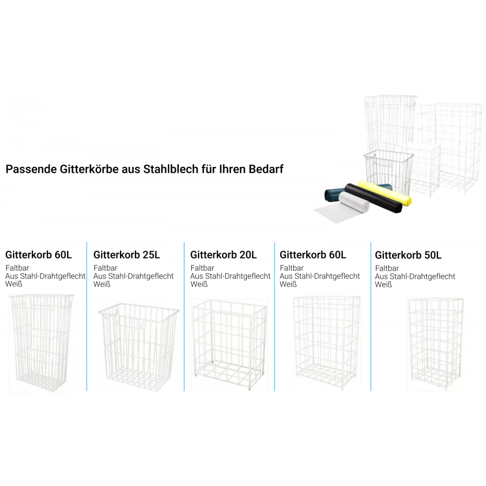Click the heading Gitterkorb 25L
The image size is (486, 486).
pos(126,254)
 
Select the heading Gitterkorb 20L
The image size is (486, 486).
pos(223,254)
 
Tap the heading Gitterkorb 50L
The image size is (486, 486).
pos(408,254)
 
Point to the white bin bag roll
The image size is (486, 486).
pos(354,202)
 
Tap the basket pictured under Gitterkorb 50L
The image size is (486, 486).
pos(435,344)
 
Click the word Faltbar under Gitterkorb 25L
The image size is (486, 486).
pos(105,268)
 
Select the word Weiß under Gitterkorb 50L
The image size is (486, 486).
pos(383,285)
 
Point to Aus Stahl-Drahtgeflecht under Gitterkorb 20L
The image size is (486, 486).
pos(230,276)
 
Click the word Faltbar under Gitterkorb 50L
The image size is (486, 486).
pos(387,268)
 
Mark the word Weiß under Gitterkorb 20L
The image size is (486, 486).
pos(199,285)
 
